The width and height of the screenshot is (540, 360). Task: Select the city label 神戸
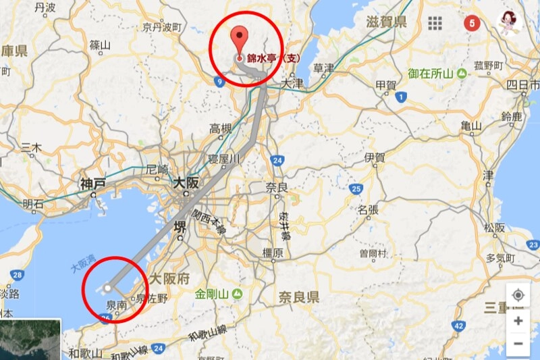[x=92, y=184]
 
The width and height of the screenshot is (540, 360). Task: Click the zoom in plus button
[x=518, y=320]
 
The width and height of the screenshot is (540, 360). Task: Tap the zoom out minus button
[x=518, y=344]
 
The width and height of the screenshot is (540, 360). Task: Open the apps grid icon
[x=435, y=22]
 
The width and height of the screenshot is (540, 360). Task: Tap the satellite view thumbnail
[x=30, y=339]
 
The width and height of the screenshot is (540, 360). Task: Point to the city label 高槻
[x=220, y=128]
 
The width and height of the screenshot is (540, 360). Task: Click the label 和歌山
[x=84, y=353]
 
